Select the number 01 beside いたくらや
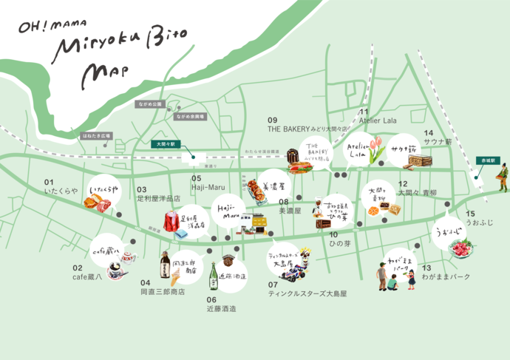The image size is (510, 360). [50, 182]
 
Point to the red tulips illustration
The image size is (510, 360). [375, 148]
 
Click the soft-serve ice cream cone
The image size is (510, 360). [175, 276]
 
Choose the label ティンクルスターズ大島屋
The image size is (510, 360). [307, 293]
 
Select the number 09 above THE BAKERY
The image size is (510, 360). [272, 120]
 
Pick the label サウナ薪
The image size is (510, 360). [438, 142]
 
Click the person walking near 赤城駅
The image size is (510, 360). [503, 177]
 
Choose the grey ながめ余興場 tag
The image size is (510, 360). [190, 116]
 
